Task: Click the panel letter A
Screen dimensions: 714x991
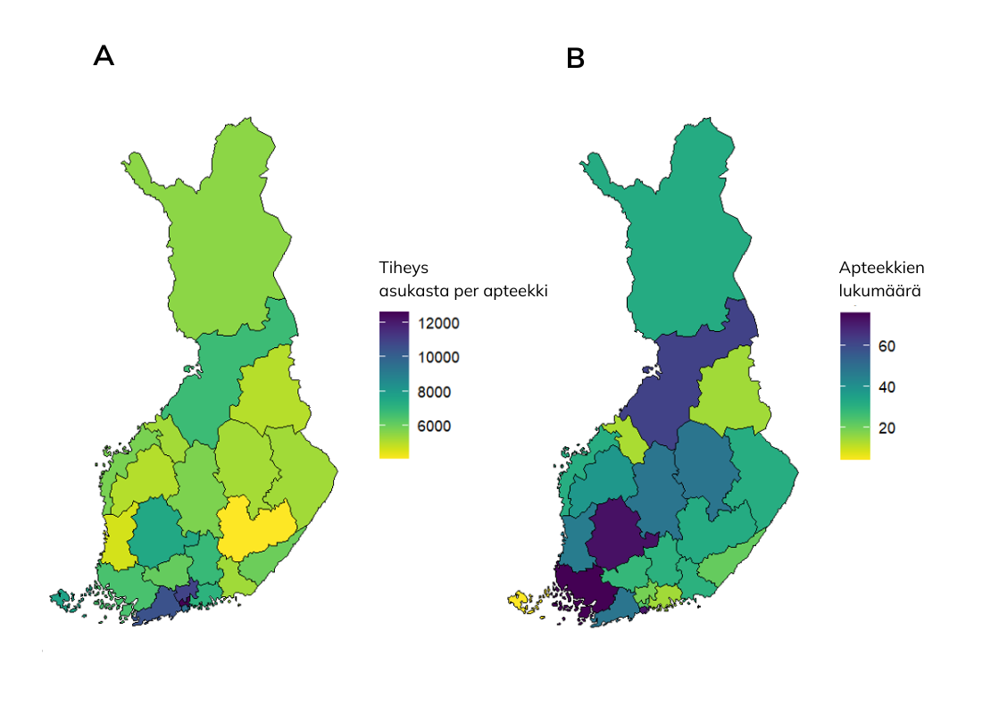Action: tap(104, 56)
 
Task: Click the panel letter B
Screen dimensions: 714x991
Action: tap(576, 59)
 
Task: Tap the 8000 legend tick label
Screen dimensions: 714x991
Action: tap(434, 392)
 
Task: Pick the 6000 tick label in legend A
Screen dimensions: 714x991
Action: tap(434, 426)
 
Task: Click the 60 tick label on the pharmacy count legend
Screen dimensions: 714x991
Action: tap(887, 346)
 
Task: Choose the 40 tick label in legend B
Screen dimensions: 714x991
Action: tap(887, 387)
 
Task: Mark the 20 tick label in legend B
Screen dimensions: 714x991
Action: tap(887, 428)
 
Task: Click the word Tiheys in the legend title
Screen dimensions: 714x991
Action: tap(404, 267)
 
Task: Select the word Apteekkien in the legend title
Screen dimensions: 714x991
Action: tap(881, 268)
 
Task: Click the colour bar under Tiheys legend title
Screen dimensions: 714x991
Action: tap(394, 385)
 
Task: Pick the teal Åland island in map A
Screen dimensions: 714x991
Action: tap(62, 599)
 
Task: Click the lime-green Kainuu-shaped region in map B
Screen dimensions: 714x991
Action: tap(729, 393)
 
